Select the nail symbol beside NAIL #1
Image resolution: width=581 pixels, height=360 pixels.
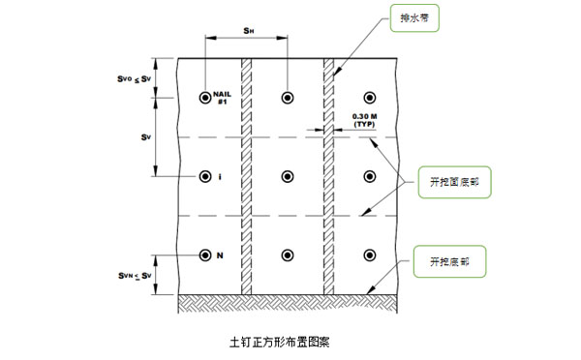click(x=205, y=97)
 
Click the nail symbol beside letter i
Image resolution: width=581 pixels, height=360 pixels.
click(x=205, y=176)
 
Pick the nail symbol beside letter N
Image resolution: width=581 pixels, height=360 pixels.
click(x=205, y=255)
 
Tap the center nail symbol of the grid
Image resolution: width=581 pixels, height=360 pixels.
click(x=287, y=176)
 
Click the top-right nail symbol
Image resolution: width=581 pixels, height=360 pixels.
click(x=369, y=97)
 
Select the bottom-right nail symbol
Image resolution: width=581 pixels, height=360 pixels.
click(x=369, y=255)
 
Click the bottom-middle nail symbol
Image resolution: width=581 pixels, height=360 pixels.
click(x=287, y=255)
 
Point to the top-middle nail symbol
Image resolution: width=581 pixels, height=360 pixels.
click(x=287, y=97)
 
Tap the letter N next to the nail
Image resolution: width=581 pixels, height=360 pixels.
click(x=220, y=255)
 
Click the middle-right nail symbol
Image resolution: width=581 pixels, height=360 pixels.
click(x=369, y=176)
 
